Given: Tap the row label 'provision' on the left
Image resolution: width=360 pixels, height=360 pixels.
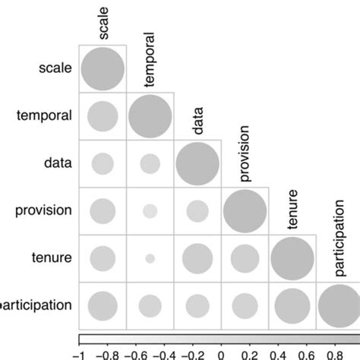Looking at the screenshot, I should [44, 210].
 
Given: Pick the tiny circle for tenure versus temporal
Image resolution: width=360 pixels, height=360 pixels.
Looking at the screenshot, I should [150, 258].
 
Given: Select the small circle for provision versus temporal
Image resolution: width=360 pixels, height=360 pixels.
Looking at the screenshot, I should [150, 211].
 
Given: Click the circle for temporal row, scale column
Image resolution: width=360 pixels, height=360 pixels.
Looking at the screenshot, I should [103, 116].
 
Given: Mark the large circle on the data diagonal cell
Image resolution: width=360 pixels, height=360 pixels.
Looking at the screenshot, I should [197, 163].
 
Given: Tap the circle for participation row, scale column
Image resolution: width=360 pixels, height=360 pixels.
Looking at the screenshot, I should [103, 306].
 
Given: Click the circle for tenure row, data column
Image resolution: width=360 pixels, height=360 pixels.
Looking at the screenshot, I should [197, 258].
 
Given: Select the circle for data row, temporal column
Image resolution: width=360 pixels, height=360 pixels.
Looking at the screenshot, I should [150, 163].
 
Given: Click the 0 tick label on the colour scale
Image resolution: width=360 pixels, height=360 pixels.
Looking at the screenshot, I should [221, 353].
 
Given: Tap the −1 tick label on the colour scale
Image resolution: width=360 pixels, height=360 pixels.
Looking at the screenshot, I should [78, 353].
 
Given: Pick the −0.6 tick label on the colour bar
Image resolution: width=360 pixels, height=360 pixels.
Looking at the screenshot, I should [135, 353].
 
